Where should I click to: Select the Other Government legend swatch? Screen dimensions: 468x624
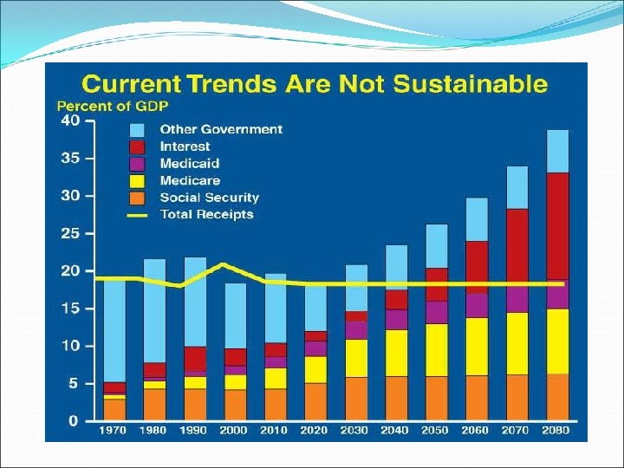(138, 129)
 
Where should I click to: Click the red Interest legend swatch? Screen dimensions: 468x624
(138, 146)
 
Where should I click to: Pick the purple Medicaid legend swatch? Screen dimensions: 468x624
(138, 163)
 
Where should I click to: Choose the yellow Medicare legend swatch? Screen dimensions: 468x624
(138, 180)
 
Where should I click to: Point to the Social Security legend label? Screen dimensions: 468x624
(209, 198)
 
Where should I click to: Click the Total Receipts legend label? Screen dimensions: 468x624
(206, 214)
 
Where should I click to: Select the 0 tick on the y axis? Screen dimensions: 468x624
(74, 421)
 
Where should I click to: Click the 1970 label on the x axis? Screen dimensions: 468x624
(113, 430)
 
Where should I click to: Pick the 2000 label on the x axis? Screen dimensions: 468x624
(235, 430)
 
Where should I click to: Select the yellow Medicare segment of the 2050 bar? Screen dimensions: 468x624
(438, 350)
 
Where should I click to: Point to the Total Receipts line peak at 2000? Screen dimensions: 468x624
(224, 264)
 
